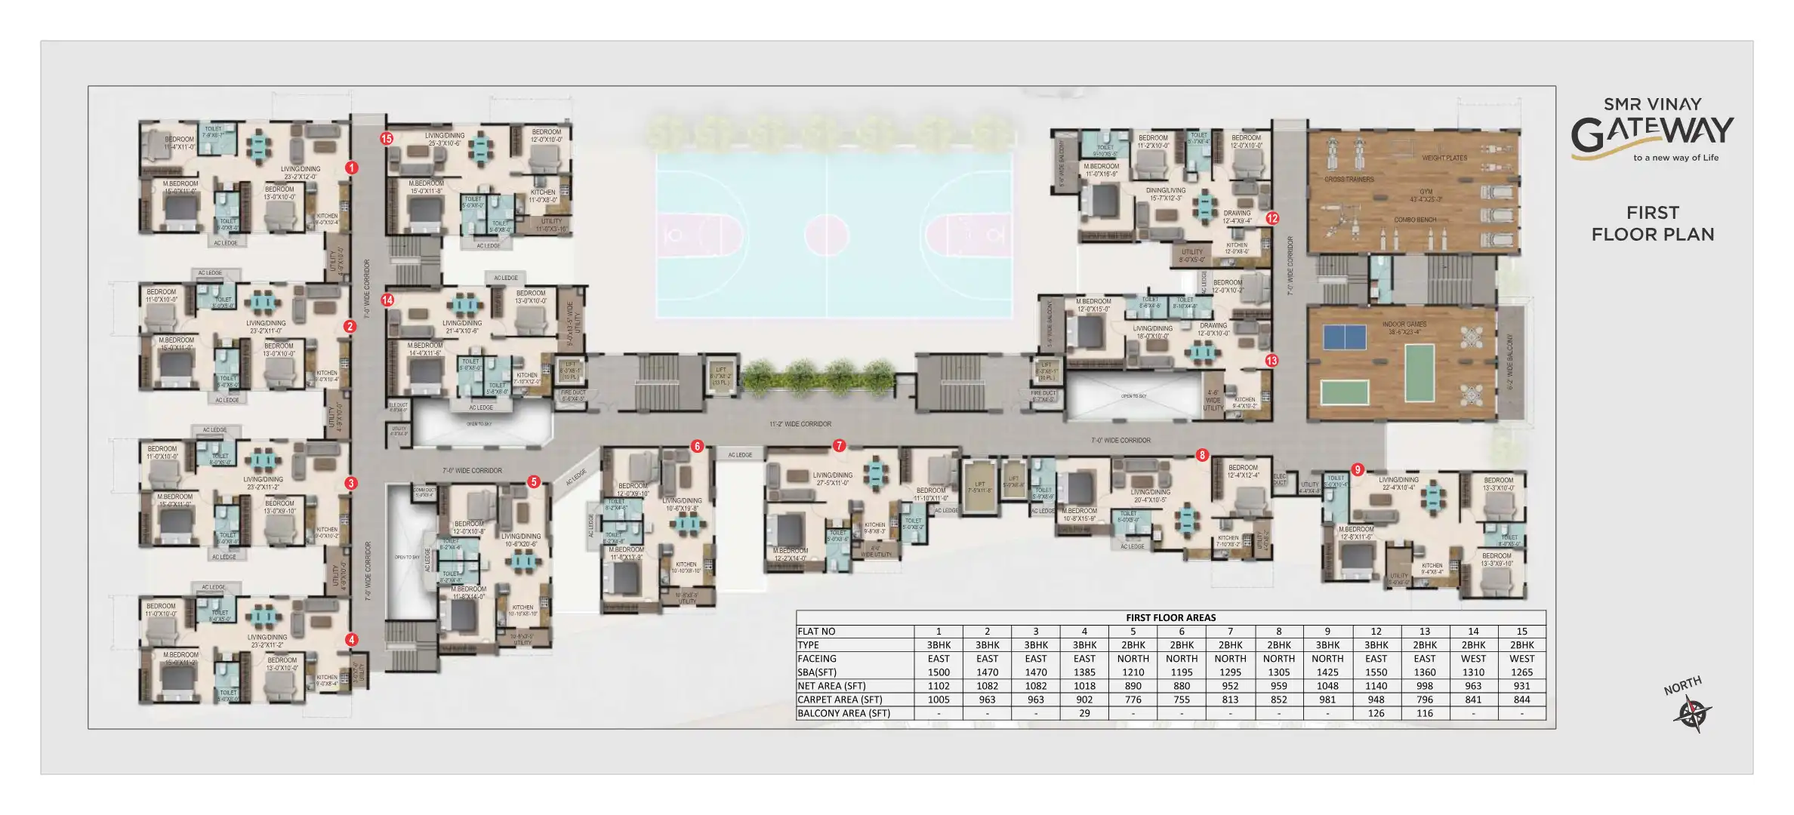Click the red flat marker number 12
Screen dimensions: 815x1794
click(1272, 218)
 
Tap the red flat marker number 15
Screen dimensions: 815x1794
click(387, 139)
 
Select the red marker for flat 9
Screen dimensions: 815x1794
click(1358, 470)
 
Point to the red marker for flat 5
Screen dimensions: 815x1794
click(534, 481)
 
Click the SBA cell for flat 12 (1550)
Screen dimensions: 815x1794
click(1376, 672)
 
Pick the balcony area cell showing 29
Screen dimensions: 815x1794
click(1084, 713)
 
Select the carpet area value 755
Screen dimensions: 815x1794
click(1182, 700)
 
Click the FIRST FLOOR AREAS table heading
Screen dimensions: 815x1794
click(1170, 617)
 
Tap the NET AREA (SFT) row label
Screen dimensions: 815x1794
click(831, 686)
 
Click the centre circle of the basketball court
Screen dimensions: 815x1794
click(828, 235)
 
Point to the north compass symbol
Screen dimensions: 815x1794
click(1692, 713)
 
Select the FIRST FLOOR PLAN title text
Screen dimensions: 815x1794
click(1653, 223)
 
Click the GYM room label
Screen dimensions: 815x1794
click(1426, 192)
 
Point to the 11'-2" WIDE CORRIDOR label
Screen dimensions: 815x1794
click(800, 424)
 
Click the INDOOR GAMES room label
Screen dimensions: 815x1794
click(1404, 325)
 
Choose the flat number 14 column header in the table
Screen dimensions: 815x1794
click(1473, 632)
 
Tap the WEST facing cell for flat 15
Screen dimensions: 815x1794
click(1521, 659)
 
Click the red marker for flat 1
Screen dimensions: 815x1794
click(351, 168)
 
